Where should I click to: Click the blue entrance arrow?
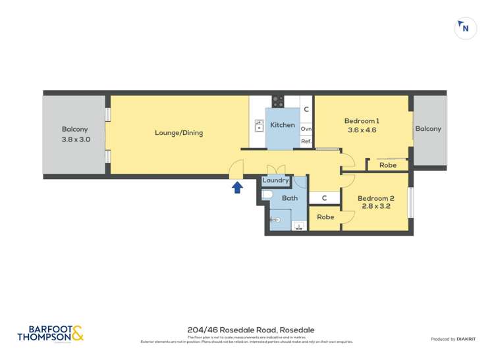pyautogui.click(x=237, y=188)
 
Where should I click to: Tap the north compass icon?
pyautogui.click(x=466, y=28)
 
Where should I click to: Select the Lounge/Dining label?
pyautogui.click(x=178, y=133)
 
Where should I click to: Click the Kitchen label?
pyautogui.click(x=283, y=125)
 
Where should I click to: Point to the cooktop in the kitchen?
pyautogui.click(x=278, y=101)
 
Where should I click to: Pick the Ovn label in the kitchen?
pyautogui.click(x=306, y=130)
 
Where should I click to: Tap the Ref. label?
pyautogui.click(x=306, y=141)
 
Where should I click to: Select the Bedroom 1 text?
pyautogui.click(x=362, y=120)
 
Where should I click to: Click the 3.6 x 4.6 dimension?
pyautogui.click(x=362, y=130)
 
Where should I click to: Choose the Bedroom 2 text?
pyautogui.click(x=375, y=198)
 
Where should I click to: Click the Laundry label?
pyautogui.click(x=275, y=180)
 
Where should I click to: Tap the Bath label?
pyautogui.click(x=289, y=198)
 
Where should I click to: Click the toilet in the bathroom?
pyautogui.click(x=267, y=195)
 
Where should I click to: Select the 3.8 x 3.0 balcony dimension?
pyautogui.click(x=75, y=140)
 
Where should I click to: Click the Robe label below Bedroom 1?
pyautogui.click(x=388, y=165)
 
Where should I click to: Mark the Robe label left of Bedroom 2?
pyautogui.click(x=325, y=217)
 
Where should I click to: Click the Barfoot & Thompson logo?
pyautogui.click(x=51, y=334)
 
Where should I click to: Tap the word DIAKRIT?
pyautogui.click(x=467, y=339)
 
